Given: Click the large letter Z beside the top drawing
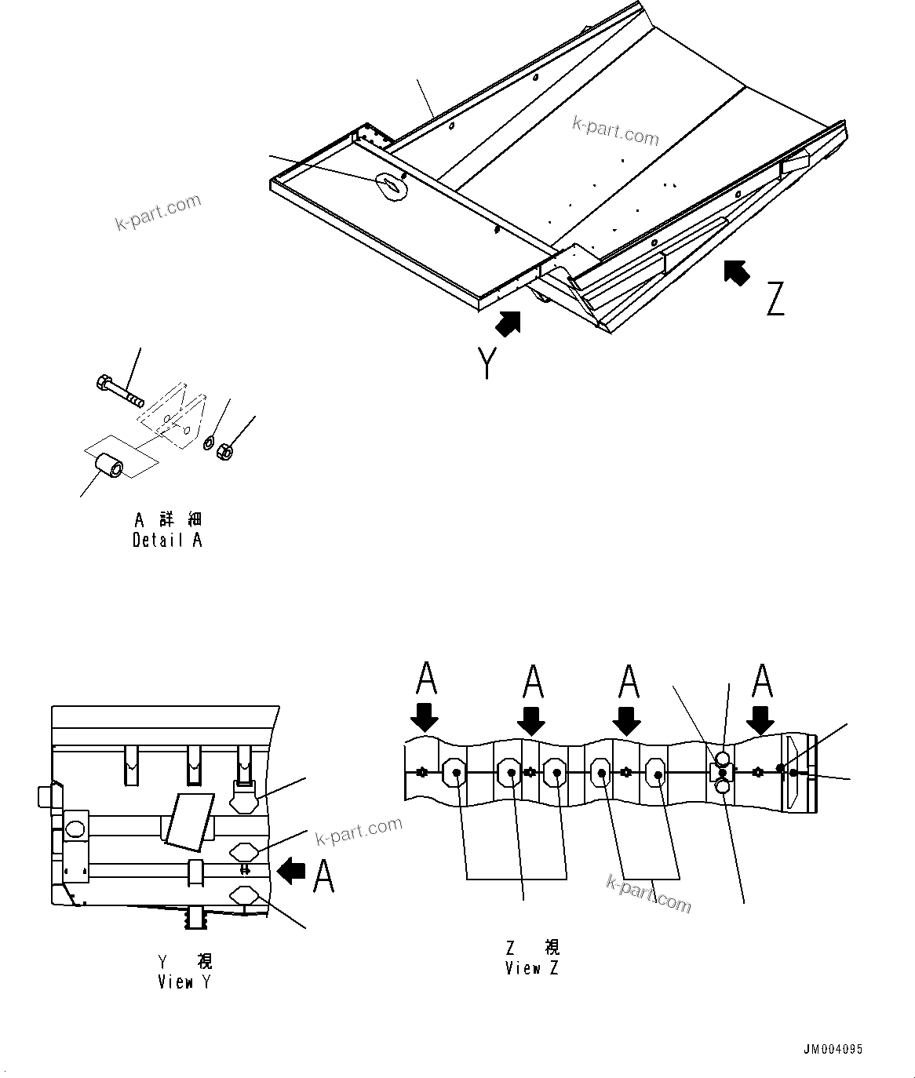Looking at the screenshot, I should [775, 299].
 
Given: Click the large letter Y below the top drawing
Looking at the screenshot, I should [487, 363].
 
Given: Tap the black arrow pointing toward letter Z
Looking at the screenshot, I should [735, 272].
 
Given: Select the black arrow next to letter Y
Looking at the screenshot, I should [509, 323].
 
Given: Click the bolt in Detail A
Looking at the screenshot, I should [118, 391].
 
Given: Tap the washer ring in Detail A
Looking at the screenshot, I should [210, 444].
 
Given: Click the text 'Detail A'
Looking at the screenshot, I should [167, 541].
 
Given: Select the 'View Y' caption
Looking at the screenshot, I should [184, 981].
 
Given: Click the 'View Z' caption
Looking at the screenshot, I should [532, 968].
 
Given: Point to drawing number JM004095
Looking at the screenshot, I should [833, 1050].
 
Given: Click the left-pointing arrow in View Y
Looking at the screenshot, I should [292, 870].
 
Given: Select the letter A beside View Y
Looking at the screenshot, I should [324, 876].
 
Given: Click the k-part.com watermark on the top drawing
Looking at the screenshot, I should [615, 131].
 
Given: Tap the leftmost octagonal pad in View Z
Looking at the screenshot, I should [455, 773].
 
